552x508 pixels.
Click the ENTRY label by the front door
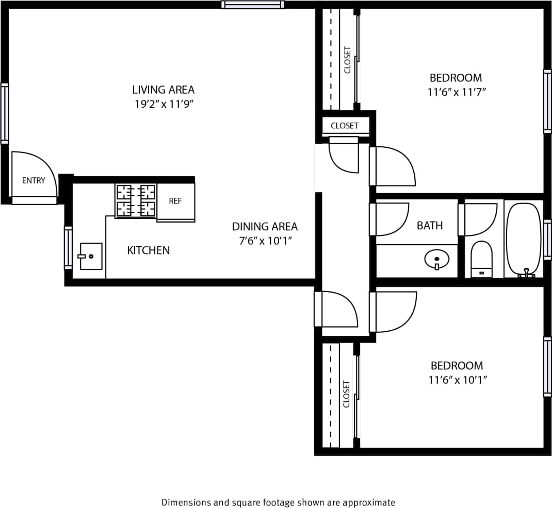(34, 180)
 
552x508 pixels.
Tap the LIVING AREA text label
(164, 90)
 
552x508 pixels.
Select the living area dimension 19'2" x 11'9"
(164, 104)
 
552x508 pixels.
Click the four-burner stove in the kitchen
(136, 200)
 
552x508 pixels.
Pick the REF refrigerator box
(175, 201)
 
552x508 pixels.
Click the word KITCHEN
(148, 250)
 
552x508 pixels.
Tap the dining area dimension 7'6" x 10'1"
(265, 240)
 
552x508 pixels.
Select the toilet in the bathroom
(482, 259)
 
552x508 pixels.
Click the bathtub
(524, 240)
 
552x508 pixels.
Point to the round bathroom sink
(436, 259)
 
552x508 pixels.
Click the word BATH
(430, 225)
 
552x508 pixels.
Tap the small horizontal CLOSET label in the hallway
(344, 126)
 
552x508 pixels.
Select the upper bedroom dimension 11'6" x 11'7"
(456, 92)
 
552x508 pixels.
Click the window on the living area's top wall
(253, 5)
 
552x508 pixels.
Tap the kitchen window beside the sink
(68, 247)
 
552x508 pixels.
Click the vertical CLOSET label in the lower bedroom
(346, 394)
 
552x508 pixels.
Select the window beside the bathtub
(547, 240)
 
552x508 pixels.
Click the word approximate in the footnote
(370, 502)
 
